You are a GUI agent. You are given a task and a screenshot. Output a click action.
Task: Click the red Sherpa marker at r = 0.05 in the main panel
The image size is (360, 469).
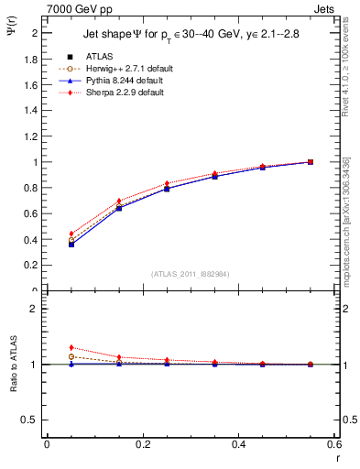pos(71,234)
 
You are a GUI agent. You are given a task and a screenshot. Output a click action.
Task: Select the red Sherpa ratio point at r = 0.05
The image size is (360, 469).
pos(71,347)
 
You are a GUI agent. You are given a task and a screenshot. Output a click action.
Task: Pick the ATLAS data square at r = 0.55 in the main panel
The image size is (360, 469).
pos(311,162)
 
